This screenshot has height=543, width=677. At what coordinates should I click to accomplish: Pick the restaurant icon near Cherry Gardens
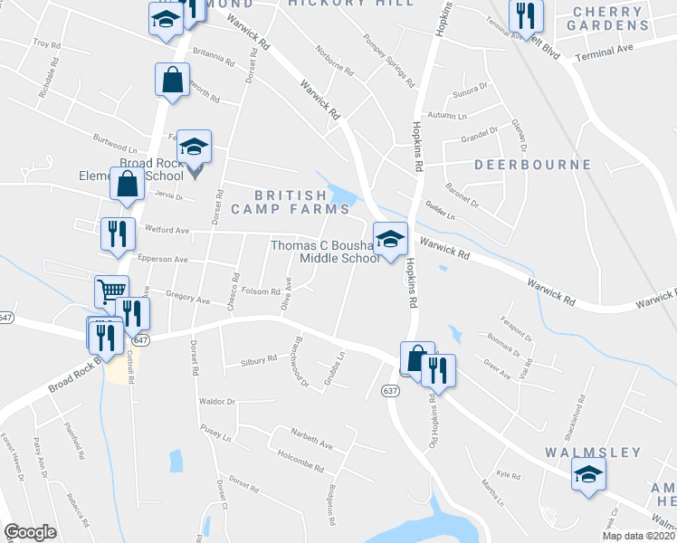(x=525, y=14)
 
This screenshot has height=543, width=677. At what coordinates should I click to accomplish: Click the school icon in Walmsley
(x=588, y=474)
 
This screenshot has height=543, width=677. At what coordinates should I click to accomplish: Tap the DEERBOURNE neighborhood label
(x=532, y=166)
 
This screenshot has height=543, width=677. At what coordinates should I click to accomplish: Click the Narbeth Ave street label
(x=311, y=445)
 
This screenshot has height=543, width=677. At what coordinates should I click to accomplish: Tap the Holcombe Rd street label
(x=300, y=463)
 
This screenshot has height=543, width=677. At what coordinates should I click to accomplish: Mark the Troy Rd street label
(x=46, y=43)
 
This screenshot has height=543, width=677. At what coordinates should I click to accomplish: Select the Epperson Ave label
(x=162, y=259)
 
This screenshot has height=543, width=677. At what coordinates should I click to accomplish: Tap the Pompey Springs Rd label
(x=390, y=62)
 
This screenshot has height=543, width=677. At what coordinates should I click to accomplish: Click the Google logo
(x=30, y=532)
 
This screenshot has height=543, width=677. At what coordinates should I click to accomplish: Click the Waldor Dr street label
(x=217, y=401)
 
